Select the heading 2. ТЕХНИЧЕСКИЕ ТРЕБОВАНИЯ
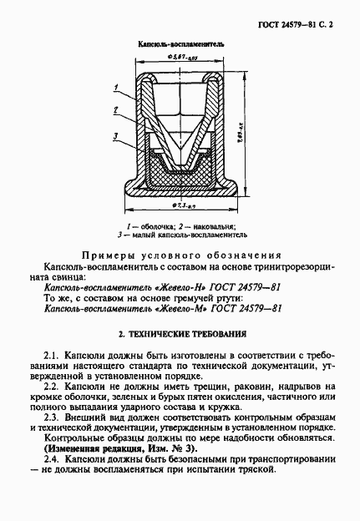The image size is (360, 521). point(180,335)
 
